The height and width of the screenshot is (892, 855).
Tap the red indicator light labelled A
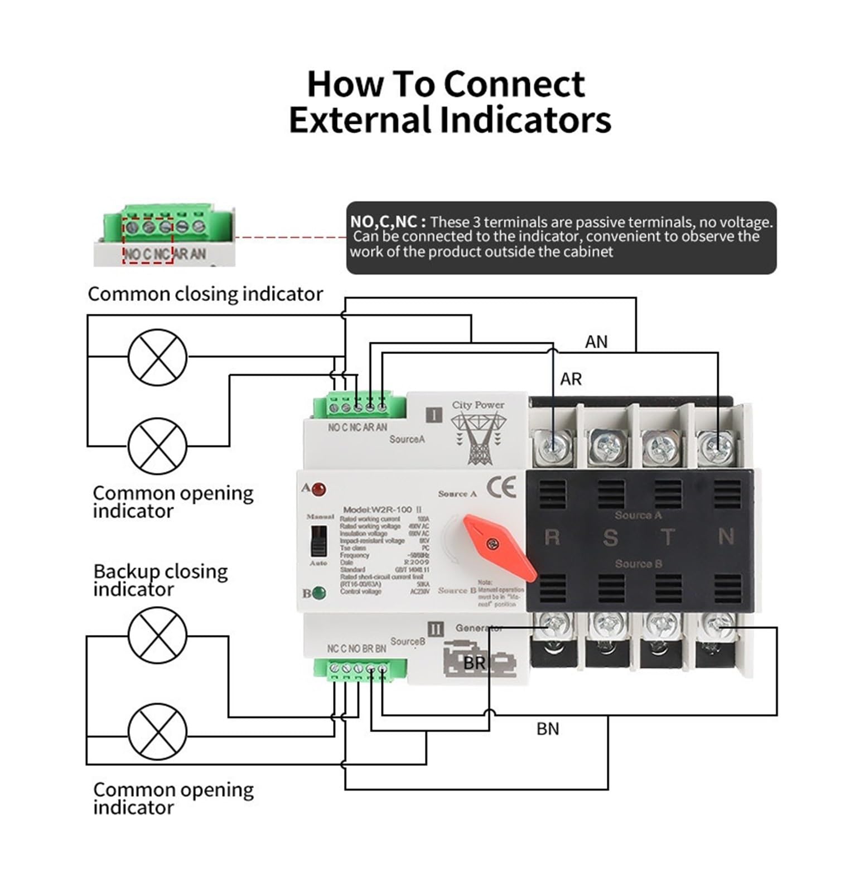pos(319,490)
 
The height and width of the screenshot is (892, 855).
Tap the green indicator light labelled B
pos(319,593)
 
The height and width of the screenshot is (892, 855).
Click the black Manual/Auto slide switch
pos(318,541)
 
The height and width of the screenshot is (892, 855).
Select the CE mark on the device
pos(501,488)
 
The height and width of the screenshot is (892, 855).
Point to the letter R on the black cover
pos(552,537)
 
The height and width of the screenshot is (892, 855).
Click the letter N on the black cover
pos(726,536)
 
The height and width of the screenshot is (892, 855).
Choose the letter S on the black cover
pos(610,537)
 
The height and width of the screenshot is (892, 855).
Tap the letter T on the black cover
pos(668,537)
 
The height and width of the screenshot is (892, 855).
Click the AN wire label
pos(596,342)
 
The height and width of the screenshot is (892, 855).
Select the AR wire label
pos(571,379)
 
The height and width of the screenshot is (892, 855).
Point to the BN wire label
pos(547,729)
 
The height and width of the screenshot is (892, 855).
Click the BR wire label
pos(474,663)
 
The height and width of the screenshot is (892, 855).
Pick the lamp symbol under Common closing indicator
pos(157,357)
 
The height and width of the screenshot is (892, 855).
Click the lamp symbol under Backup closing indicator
pos(157,636)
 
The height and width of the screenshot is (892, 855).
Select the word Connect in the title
pos(514,84)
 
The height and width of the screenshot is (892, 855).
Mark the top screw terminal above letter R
pos(552,447)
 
